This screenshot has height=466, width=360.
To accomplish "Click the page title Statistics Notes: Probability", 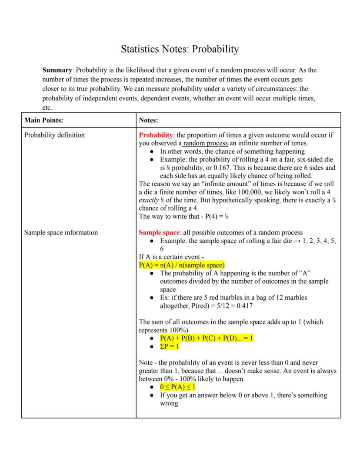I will click(180, 49).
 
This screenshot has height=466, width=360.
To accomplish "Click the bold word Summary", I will click(57, 70).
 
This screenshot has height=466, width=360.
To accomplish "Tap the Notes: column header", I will click(149, 120).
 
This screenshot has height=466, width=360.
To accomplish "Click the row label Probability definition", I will click(54, 135).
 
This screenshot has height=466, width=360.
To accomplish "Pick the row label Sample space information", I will click(61, 232).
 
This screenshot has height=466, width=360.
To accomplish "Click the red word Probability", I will click(156, 135).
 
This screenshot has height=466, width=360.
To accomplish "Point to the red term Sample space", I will click(159, 232).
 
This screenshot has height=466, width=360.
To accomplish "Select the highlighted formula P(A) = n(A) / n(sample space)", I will click(182, 265).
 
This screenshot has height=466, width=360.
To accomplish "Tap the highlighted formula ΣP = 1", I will click(170, 346).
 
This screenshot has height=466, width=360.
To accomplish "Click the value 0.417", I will click(243, 306).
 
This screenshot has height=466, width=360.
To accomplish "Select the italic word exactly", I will click(149, 200).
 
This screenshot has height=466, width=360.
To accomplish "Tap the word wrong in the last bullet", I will click(169, 403).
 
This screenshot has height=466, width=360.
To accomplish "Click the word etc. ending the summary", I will click(47, 107).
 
